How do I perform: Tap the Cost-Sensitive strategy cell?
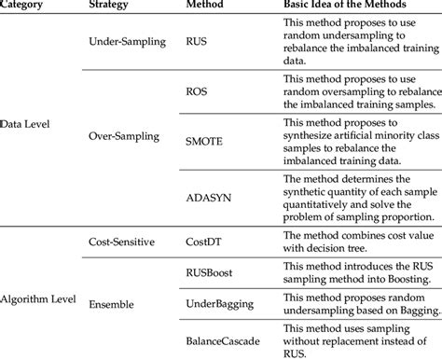121,241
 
